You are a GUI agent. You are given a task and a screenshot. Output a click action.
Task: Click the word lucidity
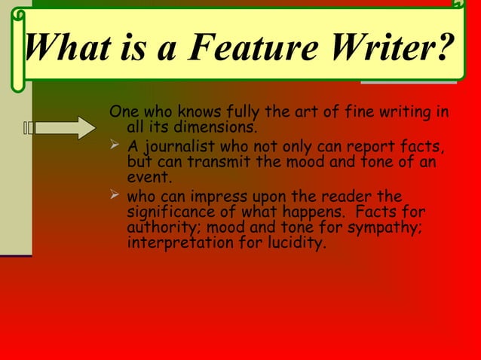pyautogui.click(x=295, y=245)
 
